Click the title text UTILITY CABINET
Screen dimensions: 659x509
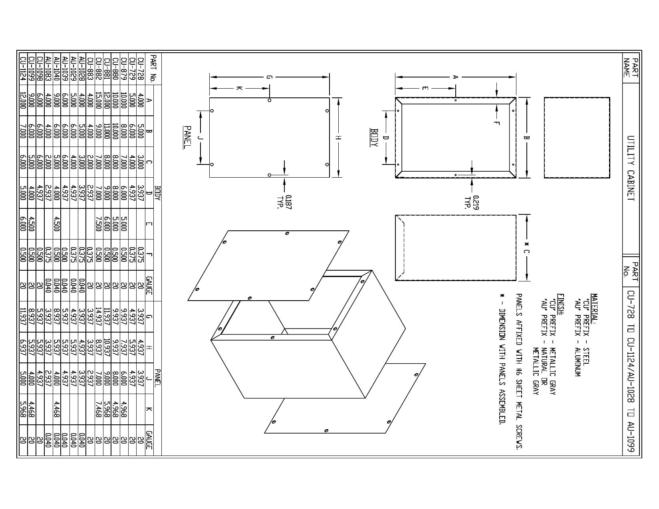point(631,168)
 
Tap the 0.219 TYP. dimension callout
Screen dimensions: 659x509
point(472,202)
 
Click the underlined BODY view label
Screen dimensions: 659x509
point(374,137)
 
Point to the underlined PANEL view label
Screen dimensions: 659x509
point(187,137)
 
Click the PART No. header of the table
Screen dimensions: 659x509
point(153,69)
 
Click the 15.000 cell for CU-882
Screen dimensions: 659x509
point(99,100)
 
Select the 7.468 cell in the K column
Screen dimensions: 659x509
point(99,409)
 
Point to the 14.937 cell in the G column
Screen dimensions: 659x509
point(99,316)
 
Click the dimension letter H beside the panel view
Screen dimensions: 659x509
point(339,137)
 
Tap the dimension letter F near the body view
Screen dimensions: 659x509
point(496,123)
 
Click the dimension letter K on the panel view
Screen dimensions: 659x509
point(239,88)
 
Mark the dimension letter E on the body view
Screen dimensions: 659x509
point(425,88)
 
